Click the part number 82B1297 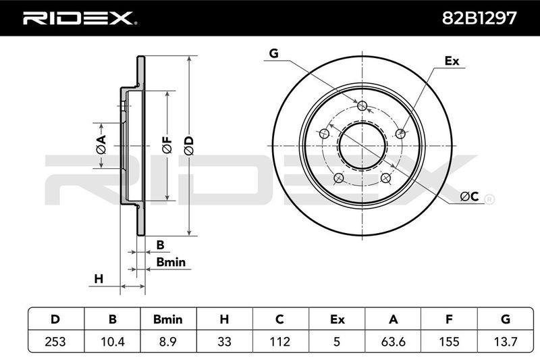pos(479,18)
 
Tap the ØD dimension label pos(189,145)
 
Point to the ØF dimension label pos(167,145)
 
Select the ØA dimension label pos(101,145)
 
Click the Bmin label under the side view pos(171,262)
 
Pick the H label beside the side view pos(99,278)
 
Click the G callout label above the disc pos(273,53)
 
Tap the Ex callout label pos(452,61)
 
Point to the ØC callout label pos(469,197)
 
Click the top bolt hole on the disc pos(362,105)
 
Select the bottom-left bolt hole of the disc pos(339,178)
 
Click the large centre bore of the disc pos(362,145)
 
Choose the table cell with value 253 pos(55,341)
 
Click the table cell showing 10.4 pos(112,341)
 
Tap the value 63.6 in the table pos(393,341)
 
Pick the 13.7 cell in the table pos(505,341)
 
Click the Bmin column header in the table pos(168,319)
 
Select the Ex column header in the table pos(337,319)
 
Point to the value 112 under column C pos(280,341)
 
